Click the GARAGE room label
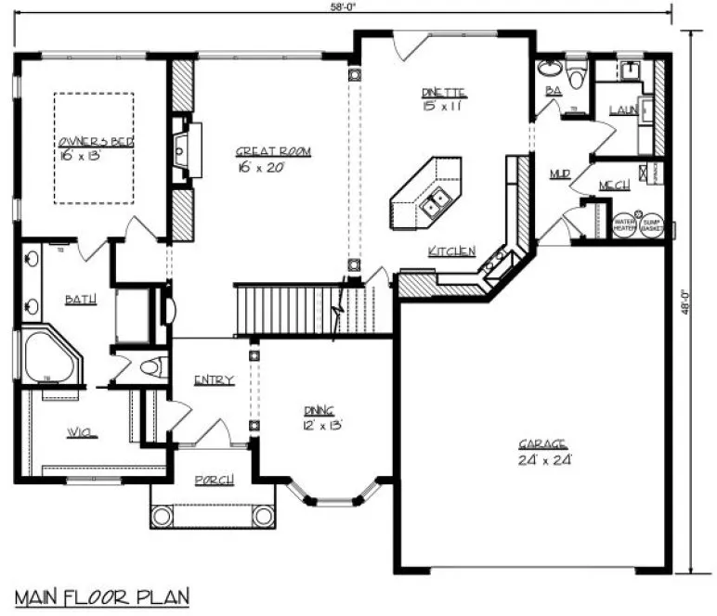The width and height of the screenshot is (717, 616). [543, 444]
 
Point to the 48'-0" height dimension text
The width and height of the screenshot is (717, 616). [685, 303]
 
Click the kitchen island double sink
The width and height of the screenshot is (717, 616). [434, 201]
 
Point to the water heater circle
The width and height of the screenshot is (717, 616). [623, 225]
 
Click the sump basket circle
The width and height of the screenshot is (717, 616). [649, 225]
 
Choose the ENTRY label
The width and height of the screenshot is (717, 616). [213, 379]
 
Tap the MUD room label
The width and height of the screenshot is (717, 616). [559, 173]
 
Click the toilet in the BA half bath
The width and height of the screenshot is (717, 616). [577, 74]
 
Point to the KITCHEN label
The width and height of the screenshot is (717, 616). [451, 251]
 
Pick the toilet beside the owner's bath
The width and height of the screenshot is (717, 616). [149, 367]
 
